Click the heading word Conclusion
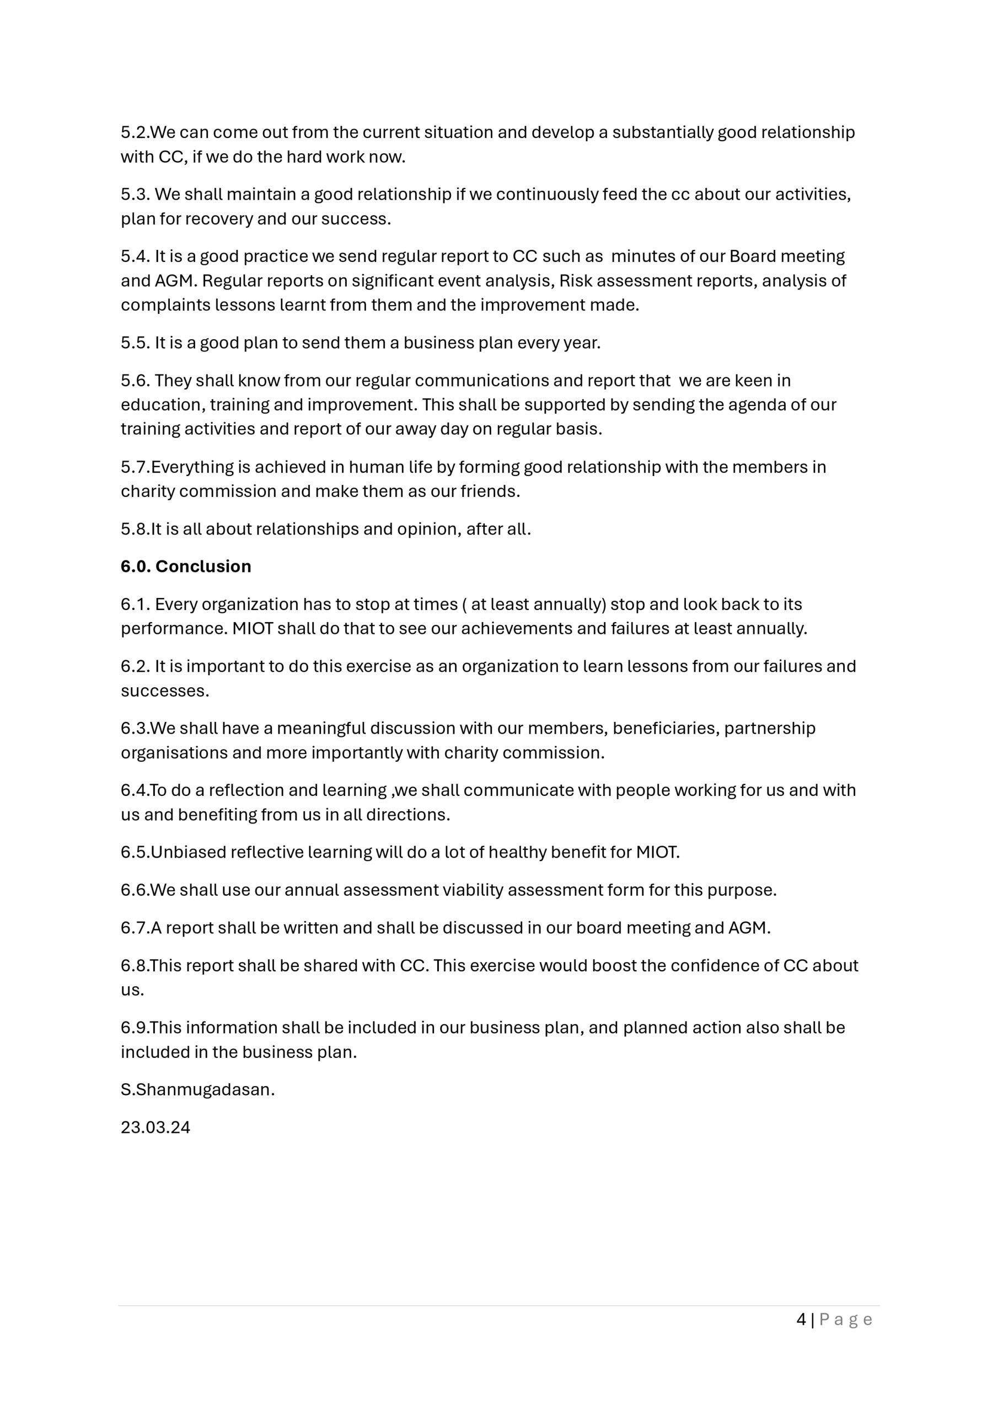203,566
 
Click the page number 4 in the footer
801,1319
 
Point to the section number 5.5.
135,343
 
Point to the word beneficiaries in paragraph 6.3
666,728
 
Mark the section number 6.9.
134,1028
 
